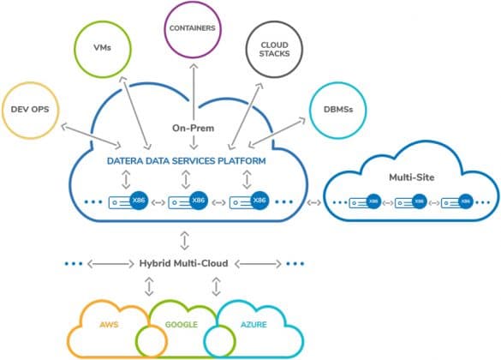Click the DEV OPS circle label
(30, 110)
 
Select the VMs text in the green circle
(102, 48)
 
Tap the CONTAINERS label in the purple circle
(193, 28)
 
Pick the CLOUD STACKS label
(274, 49)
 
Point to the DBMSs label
(338, 110)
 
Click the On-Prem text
(193, 128)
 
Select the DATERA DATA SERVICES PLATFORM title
(187, 160)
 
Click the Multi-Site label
(412, 177)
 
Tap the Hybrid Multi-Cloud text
(184, 263)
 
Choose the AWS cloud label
(109, 325)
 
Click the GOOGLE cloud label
(182, 325)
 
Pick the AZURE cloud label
(253, 325)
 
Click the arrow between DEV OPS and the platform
(91, 135)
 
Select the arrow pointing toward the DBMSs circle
(277, 132)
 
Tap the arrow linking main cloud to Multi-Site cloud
(313, 202)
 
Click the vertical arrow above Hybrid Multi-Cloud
(184, 240)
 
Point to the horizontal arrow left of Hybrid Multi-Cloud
(110, 264)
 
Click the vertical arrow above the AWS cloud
(149, 286)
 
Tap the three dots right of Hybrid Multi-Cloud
(295, 264)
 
